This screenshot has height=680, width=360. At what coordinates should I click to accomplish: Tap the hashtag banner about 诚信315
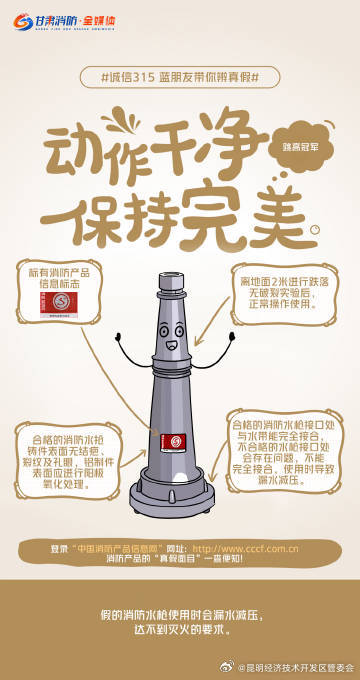pos(180,76)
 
